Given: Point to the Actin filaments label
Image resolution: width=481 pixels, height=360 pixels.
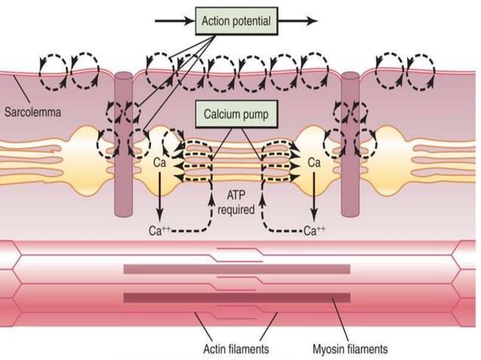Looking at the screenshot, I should tap(235, 349).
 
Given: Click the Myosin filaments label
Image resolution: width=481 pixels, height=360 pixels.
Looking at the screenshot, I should tap(350, 349).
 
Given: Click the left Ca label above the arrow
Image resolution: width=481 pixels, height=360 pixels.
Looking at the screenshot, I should tap(160, 161).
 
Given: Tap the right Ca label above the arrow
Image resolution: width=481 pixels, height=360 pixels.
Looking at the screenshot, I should tap(315, 161).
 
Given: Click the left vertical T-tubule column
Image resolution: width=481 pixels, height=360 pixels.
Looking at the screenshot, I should tap(124, 143).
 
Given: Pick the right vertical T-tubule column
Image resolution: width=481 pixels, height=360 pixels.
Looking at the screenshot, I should tap(351, 143).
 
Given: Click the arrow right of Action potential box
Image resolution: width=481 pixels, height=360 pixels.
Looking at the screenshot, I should tap(298, 20).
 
